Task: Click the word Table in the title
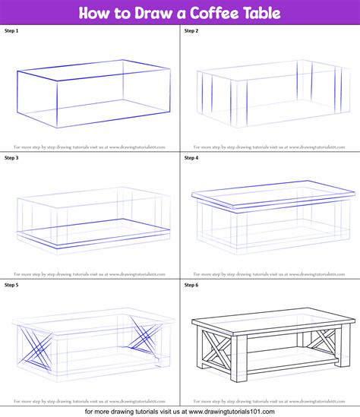(x=258, y=13)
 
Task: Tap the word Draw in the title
(x=138, y=13)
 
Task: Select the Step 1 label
(x=13, y=30)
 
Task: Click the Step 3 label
(x=13, y=157)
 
